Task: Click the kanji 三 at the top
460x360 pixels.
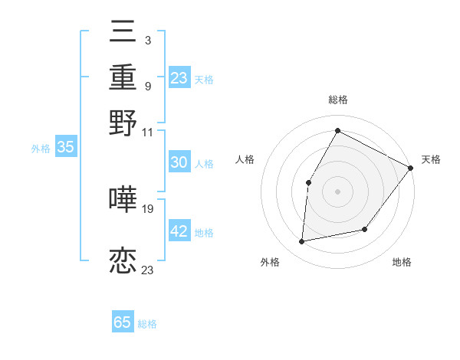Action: pyautogui.click(x=123, y=32)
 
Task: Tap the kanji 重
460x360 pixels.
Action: pyautogui.click(x=123, y=77)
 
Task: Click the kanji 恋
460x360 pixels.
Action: pyautogui.click(x=123, y=260)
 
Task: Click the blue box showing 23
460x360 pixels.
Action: pyautogui.click(x=179, y=77)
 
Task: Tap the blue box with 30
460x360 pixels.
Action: pyautogui.click(x=179, y=162)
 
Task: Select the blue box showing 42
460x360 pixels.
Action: pyautogui.click(x=179, y=231)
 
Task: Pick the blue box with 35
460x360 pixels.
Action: pyautogui.click(x=65, y=148)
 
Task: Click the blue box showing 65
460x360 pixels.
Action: pyautogui.click(x=123, y=322)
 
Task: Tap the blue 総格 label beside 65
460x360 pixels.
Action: pyautogui.click(x=147, y=324)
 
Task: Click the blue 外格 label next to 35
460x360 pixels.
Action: pyautogui.click(x=41, y=149)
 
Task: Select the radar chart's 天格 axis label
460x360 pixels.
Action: pyautogui.click(x=431, y=159)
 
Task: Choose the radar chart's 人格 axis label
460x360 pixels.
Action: pyautogui.click(x=245, y=159)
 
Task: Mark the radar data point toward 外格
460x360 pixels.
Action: pyautogui.click(x=302, y=242)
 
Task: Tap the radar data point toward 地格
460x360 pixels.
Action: pyautogui.click(x=365, y=229)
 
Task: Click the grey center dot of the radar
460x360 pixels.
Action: pyautogui.click(x=337, y=191)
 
